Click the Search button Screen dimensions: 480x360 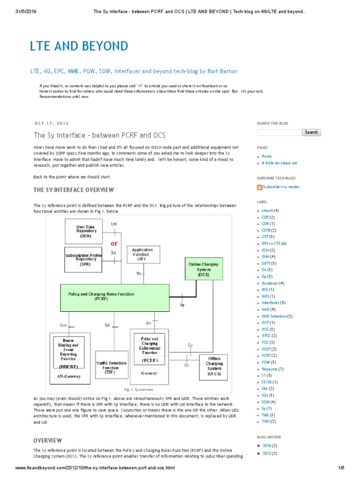[311, 132]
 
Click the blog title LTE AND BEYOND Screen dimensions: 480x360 [79, 46]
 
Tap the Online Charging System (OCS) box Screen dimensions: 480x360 [203, 270]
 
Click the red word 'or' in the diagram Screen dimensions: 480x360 [114, 243]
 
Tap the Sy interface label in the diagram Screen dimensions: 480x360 [182, 305]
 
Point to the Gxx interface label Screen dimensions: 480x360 [64, 325]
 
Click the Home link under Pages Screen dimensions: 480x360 [267, 156]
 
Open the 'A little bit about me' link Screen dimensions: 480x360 [279, 163]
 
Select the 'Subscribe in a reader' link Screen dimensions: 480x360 [281, 187]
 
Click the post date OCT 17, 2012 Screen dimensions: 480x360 [52, 123]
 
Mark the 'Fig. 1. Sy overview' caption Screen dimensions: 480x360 [138, 389]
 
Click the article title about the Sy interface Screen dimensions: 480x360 [100, 135]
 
